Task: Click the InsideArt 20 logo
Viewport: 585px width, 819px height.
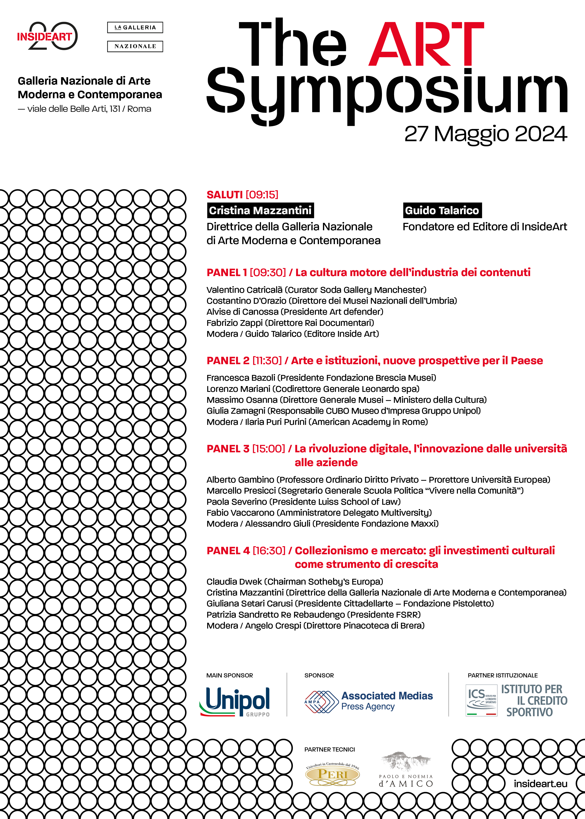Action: tap(47, 36)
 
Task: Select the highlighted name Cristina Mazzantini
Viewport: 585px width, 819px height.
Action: tap(260, 210)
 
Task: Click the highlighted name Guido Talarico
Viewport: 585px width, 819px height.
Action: tap(442, 210)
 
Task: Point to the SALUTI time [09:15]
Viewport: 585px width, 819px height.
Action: tap(262, 195)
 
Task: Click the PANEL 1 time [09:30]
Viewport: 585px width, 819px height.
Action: tap(268, 273)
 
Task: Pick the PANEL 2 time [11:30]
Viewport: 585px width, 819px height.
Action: tap(267, 360)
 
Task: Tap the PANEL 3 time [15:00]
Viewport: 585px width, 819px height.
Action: tap(268, 449)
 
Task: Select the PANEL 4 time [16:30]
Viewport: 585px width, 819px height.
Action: tap(269, 551)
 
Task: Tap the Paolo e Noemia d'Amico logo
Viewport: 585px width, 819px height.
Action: tap(406, 770)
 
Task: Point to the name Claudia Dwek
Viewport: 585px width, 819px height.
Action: tap(234, 582)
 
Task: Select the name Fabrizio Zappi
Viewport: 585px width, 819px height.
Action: tap(234, 323)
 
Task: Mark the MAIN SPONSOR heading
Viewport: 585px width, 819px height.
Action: tap(229, 675)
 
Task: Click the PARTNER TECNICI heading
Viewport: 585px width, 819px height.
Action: tap(330, 749)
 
